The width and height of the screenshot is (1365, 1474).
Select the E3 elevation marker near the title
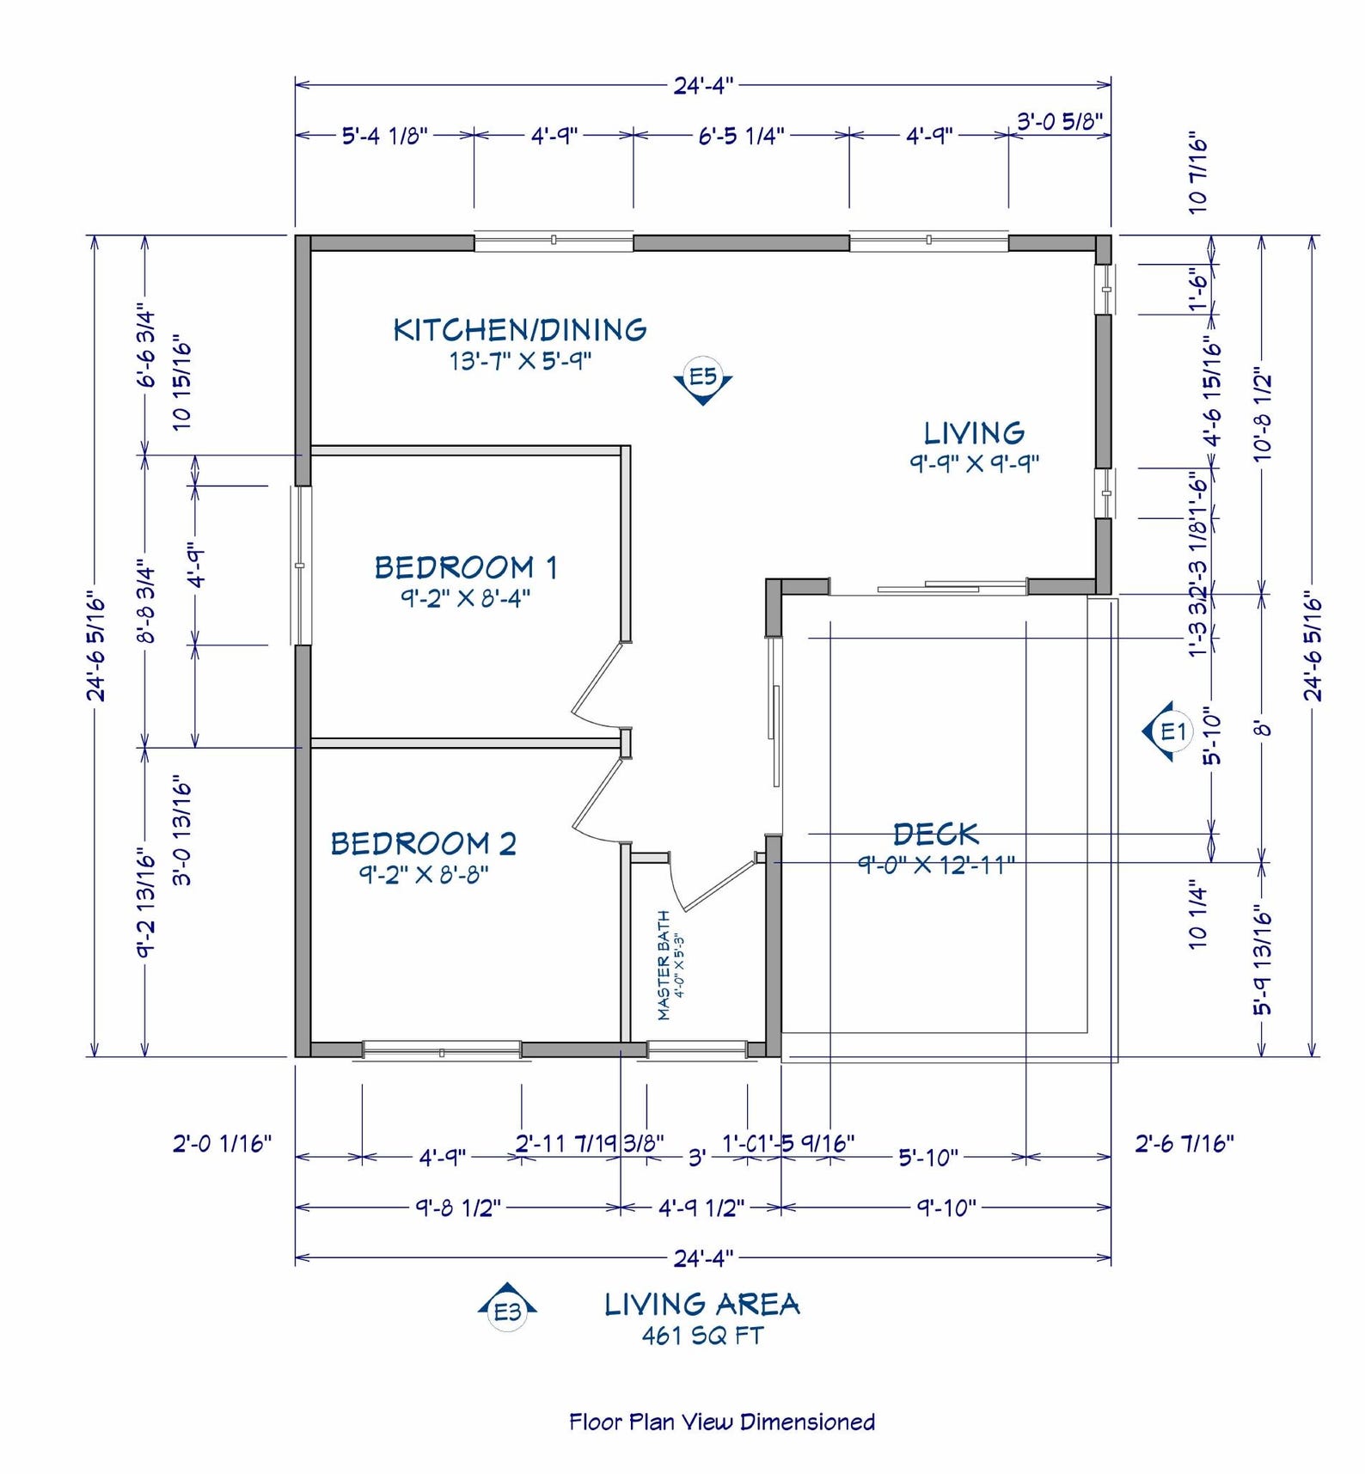[x=507, y=1309]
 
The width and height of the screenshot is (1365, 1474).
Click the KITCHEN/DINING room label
[x=520, y=330]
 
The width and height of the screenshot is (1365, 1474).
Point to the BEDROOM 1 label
[x=466, y=568]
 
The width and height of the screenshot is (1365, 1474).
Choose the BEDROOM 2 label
[x=424, y=844]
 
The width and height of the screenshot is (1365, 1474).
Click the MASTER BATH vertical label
[x=664, y=965]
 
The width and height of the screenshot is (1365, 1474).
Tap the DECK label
[x=935, y=835]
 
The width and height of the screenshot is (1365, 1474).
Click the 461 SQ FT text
[x=702, y=1336]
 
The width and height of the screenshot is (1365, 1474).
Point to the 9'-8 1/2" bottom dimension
[x=458, y=1208]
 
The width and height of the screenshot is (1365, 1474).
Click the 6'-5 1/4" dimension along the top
[x=741, y=136]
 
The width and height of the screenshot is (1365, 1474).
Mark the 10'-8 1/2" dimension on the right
[x=1262, y=418]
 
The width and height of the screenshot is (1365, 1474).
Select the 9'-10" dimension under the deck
[x=946, y=1208]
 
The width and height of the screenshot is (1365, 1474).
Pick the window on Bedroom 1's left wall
[x=300, y=566]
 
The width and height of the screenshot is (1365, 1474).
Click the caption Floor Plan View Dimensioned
[x=722, y=1422]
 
